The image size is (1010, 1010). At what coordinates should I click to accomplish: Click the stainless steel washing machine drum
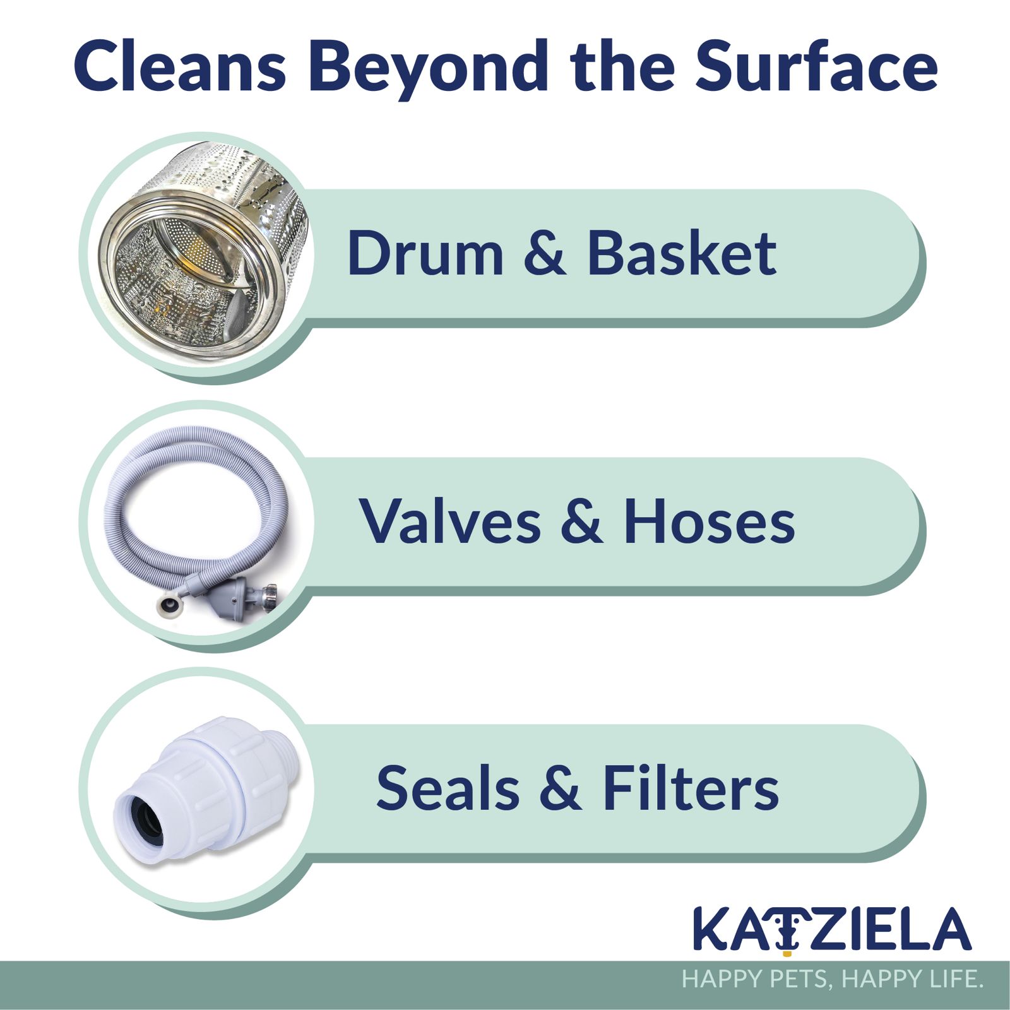coord(205,252)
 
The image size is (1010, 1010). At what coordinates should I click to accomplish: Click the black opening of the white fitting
coord(146,820)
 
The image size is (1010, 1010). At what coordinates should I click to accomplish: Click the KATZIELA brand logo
coord(832,929)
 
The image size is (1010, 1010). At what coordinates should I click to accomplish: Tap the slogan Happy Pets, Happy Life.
coord(833,979)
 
